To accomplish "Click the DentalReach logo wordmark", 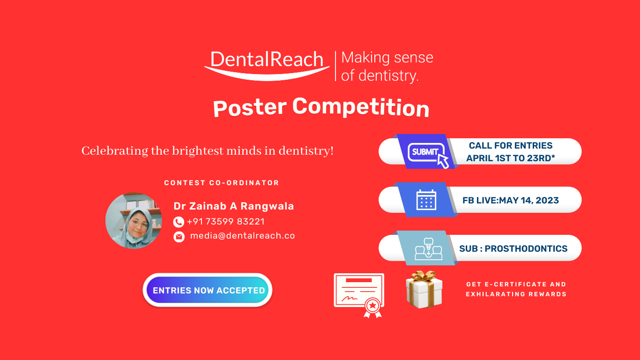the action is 267,66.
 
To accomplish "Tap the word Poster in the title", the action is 250,108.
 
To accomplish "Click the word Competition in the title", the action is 361,107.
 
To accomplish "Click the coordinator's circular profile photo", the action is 134,220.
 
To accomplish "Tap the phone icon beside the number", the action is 179,222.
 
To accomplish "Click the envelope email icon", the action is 179,237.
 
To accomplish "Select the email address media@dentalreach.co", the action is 243,236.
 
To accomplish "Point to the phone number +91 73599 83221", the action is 226,222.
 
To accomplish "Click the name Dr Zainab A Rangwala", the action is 234,206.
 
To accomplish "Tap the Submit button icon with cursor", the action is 428,154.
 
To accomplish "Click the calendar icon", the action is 426,200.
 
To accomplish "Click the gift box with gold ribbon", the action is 424,289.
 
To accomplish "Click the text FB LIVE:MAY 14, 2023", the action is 511,200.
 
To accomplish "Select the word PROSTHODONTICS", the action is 526,248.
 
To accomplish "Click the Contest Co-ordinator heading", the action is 222,183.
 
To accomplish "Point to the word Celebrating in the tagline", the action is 115,151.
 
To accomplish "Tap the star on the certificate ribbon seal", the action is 372,306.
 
